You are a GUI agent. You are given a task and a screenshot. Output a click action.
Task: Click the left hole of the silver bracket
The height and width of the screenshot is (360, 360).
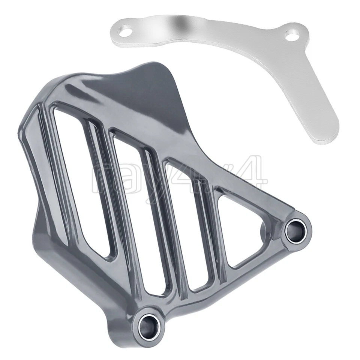click(x=126, y=31)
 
